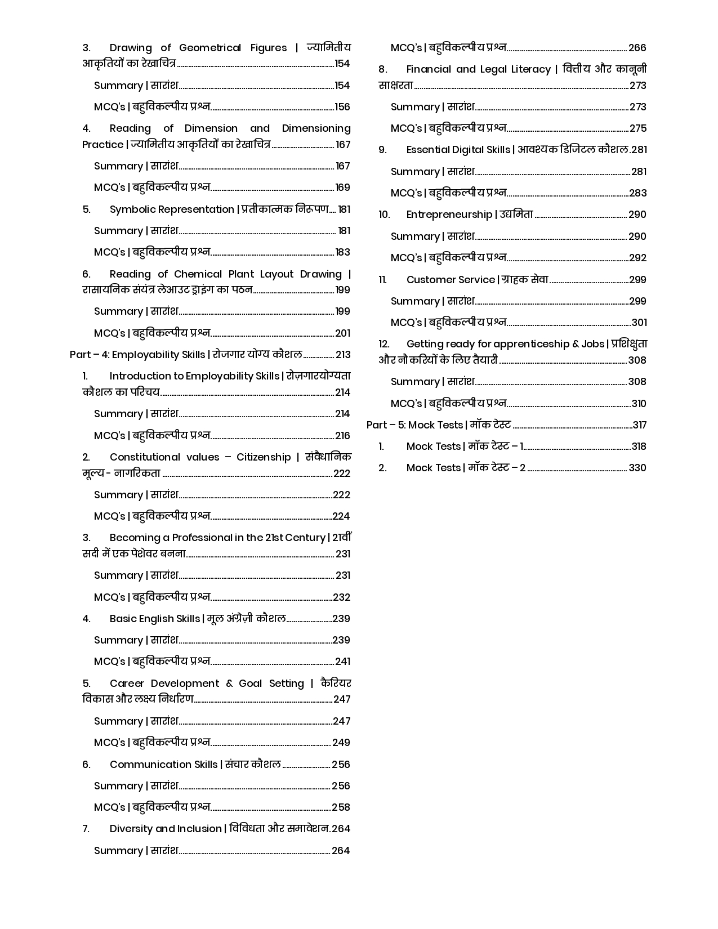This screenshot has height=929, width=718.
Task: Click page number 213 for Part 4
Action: (343, 355)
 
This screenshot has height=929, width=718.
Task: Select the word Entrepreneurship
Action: (449, 215)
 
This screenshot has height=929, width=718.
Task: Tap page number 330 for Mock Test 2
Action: (637, 468)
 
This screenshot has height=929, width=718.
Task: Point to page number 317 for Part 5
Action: (639, 425)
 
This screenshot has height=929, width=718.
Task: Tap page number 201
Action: (343, 333)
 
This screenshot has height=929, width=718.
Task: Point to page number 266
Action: (637, 48)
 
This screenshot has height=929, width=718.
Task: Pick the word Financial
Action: (429, 69)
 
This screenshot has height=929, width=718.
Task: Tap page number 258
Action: (341, 807)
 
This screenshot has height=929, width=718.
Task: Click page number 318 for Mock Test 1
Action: (639, 446)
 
